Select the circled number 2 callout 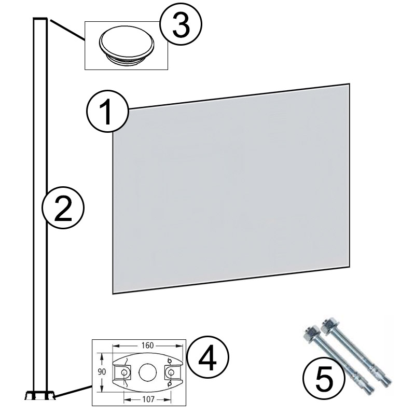63,208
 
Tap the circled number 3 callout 180,26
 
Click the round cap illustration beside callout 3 126,45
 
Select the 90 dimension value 102,371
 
